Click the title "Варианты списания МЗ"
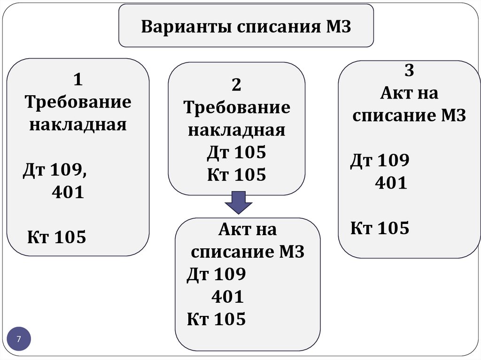(246, 26)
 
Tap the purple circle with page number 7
(19, 339)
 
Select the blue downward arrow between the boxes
(239, 203)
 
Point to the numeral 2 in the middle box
(236, 85)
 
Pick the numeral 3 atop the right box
(409, 71)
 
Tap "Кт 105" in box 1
(56, 237)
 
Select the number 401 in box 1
(68, 192)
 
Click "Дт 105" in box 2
(236, 153)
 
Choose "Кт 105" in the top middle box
(236, 175)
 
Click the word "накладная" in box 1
(78, 125)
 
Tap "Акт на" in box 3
(409, 93)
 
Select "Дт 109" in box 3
(380, 161)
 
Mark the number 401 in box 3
(391, 183)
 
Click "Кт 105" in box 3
(380, 229)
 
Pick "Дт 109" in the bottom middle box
(216, 275)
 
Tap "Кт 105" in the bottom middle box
(216, 320)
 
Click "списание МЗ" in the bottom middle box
(248, 253)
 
